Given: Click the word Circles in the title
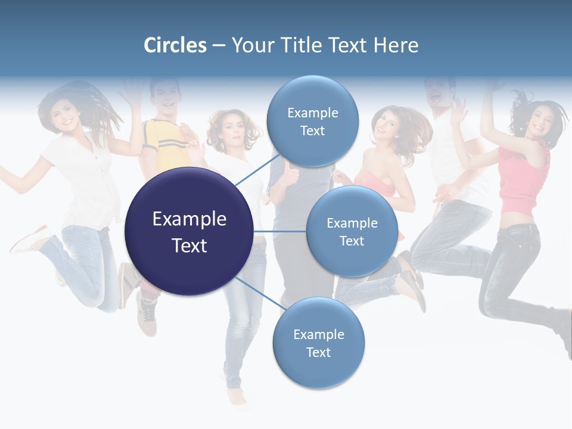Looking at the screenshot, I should (x=175, y=45).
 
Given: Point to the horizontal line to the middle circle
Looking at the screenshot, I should (x=279, y=231).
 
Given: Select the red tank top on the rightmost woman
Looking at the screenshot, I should (x=523, y=179).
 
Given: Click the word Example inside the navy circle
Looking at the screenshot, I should (x=189, y=219).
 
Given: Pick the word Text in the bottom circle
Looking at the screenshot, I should (x=318, y=352).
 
